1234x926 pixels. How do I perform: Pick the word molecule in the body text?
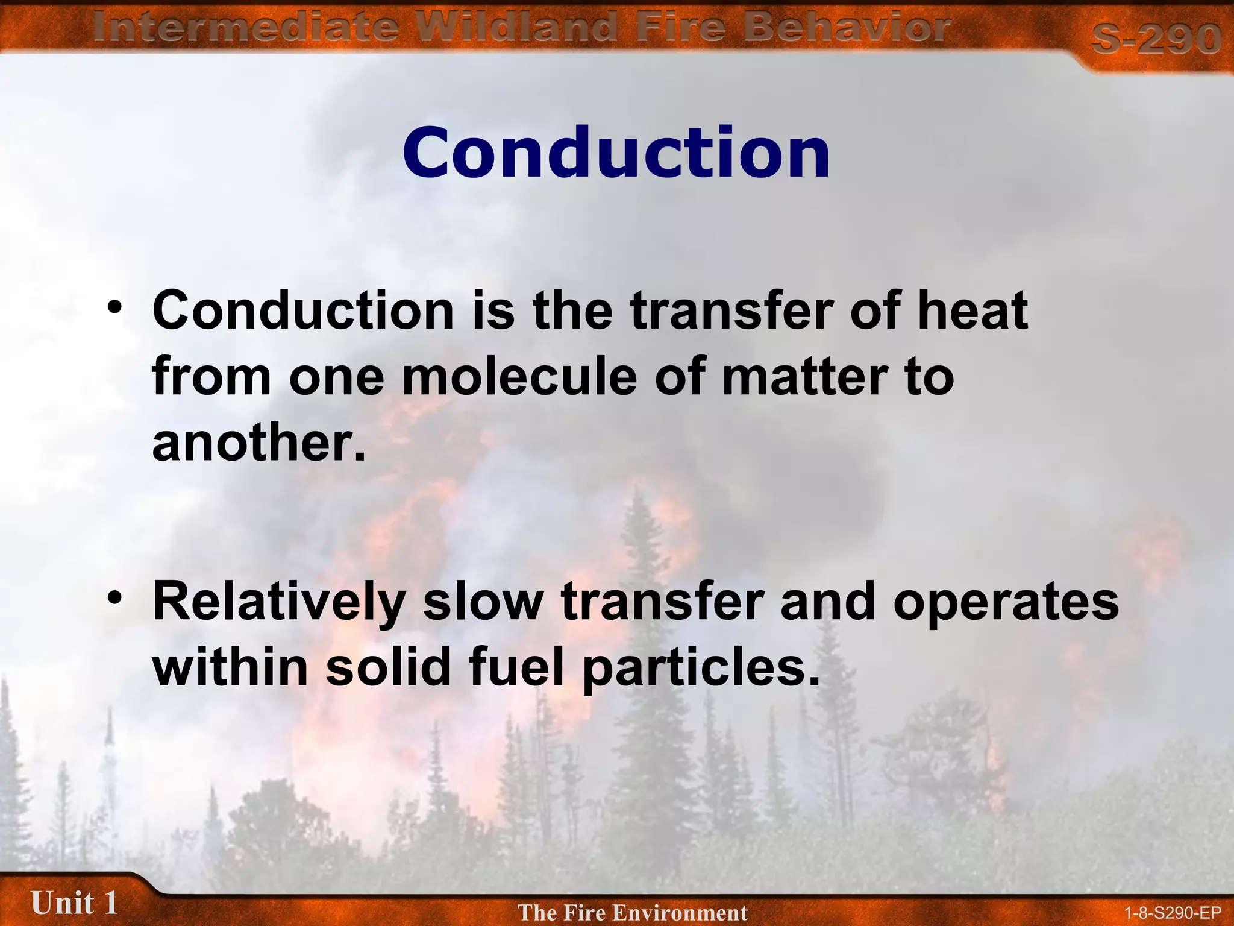(519, 377)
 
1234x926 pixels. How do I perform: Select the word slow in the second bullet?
(483, 602)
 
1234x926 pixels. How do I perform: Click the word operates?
(1006, 602)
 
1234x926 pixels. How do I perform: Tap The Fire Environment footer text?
(632, 912)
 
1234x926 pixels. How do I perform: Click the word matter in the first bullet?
(803, 377)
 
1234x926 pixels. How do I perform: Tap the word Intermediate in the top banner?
(246, 27)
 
